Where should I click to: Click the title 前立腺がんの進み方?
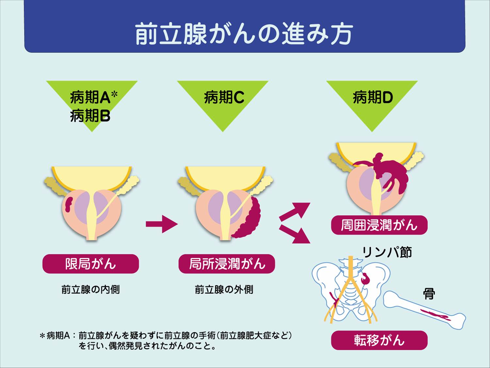(244, 34)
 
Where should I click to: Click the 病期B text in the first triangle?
(90, 116)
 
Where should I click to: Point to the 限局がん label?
(90, 264)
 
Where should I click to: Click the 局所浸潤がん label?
(227, 264)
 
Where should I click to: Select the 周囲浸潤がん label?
(379, 225)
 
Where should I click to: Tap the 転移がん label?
(379, 340)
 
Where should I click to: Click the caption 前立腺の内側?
(90, 289)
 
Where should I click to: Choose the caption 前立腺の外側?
(224, 289)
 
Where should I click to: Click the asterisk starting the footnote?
(42, 336)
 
